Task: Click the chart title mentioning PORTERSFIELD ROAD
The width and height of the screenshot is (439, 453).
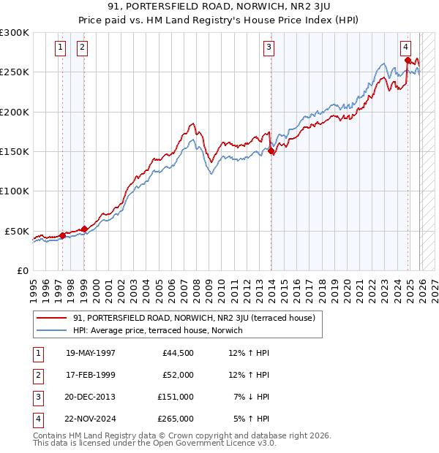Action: coord(219,7)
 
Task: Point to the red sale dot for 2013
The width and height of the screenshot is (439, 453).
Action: coord(271,152)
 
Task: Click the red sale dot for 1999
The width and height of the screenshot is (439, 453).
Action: coord(84,229)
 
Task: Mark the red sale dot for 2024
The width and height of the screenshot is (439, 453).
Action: coord(408,61)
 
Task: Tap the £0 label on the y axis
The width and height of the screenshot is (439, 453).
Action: coord(22,270)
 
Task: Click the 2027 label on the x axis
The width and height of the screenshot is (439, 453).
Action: coord(434,285)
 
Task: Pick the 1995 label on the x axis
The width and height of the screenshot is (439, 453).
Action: coord(33,285)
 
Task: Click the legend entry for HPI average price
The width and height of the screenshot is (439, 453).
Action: coord(157,330)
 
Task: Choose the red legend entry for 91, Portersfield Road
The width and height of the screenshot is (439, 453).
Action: coord(194,318)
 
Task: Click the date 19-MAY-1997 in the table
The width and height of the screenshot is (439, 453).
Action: coord(90,353)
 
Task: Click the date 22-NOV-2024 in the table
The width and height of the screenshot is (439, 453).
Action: coord(90,419)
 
